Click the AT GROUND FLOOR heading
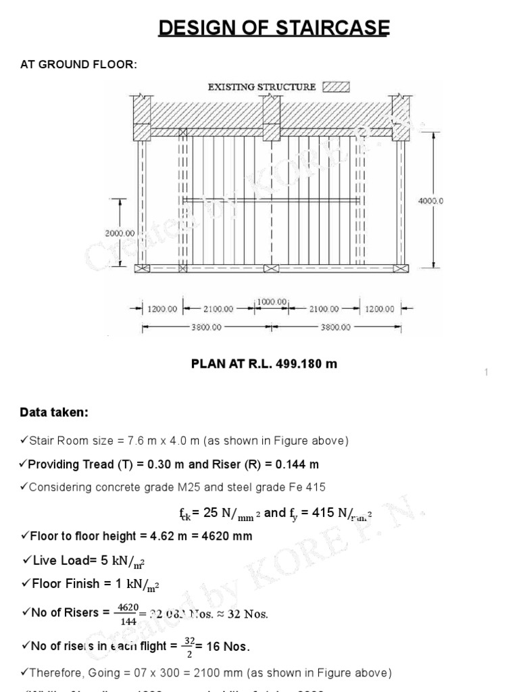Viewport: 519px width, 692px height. point(80,64)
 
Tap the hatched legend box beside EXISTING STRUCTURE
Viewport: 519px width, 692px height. point(337,86)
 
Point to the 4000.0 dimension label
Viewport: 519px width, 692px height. point(432,201)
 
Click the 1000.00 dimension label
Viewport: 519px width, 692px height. point(272,301)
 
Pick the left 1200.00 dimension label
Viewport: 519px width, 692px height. point(162,309)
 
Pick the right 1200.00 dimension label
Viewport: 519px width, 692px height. point(380,309)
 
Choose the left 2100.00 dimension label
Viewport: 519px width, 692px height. point(218,309)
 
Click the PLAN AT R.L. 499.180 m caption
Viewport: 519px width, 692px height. point(264,364)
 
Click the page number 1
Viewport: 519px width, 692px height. point(485,373)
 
